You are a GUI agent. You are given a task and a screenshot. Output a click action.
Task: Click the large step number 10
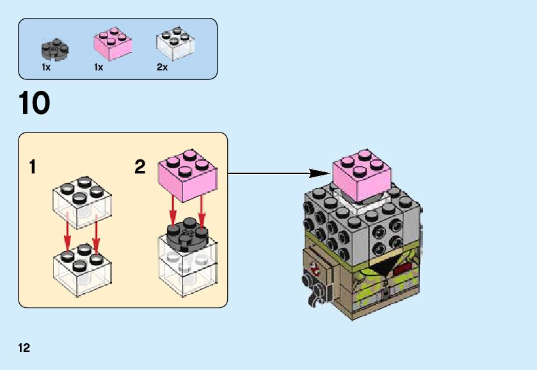[35, 103]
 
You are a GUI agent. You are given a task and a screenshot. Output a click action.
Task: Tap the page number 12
[24, 348]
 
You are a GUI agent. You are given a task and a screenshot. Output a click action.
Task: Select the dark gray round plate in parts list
[55, 47]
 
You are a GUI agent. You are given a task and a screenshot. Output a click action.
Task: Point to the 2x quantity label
[162, 67]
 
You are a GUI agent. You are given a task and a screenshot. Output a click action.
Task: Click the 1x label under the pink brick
[99, 67]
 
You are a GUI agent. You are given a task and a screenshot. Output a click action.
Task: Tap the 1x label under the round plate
[46, 67]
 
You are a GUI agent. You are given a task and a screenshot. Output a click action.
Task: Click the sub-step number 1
[32, 168]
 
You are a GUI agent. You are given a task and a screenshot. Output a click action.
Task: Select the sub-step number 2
[140, 168]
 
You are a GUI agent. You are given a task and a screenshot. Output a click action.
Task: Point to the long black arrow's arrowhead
[318, 173]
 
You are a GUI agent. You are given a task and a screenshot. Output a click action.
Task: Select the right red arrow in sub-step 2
[202, 211]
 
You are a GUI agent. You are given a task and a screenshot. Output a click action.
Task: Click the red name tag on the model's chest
[403, 270]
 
